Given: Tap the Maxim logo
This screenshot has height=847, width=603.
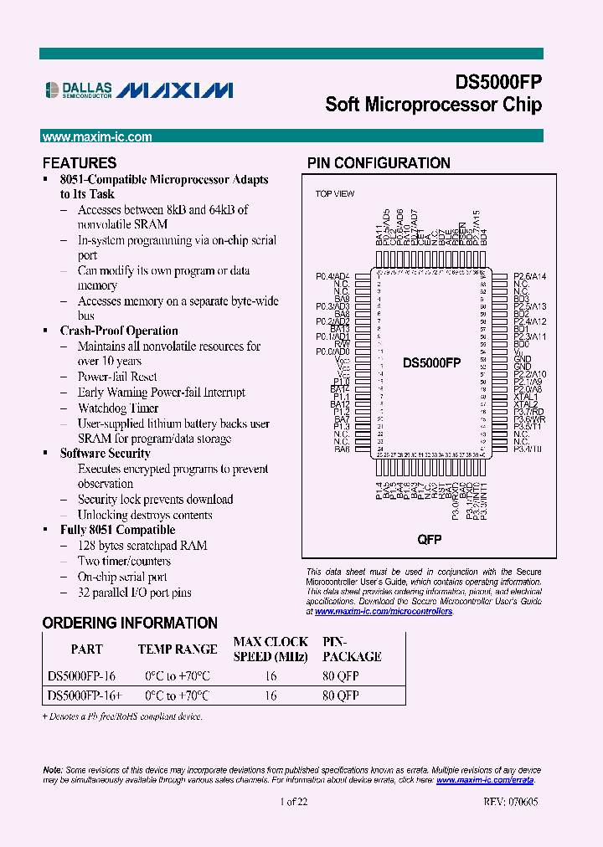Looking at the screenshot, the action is pyautogui.click(x=175, y=90).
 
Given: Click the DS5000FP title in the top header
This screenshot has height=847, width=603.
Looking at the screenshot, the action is pyautogui.click(x=498, y=83).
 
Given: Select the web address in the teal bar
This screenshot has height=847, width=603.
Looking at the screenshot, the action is pyautogui.click(x=97, y=137).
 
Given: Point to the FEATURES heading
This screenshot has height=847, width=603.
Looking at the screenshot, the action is pyautogui.click(x=80, y=163).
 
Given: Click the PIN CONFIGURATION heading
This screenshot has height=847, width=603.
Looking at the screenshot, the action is pyautogui.click(x=379, y=163).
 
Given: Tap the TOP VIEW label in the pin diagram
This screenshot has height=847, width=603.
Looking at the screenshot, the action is pyautogui.click(x=334, y=194).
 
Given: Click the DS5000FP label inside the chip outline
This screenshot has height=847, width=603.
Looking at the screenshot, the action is pyautogui.click(x=431, y=362).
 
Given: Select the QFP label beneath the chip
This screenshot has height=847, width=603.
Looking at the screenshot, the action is pyautogui.click(x=430, y=540).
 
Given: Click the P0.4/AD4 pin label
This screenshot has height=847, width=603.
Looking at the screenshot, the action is pyautogui.click(x=332, y=276).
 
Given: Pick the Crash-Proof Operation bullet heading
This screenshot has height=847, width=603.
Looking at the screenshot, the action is pyautogui.click(x=119, y=331).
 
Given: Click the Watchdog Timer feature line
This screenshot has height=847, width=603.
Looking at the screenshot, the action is pyautogui.click(x=118, y=408).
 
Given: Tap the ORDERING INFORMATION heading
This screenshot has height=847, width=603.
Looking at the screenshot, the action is pyautogui.click(x=130, y=624).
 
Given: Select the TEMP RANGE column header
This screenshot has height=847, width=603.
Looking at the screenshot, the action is pyautogui.click(x=177, y=649).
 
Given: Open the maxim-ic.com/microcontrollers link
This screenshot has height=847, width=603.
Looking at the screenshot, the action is pyautogui.click(x=384, y=612).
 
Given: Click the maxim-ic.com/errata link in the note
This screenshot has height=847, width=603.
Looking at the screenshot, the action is pyautogui.click(x=485, y=780).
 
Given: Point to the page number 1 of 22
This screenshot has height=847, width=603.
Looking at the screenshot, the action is pyautogui.click(x=294, y=802).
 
